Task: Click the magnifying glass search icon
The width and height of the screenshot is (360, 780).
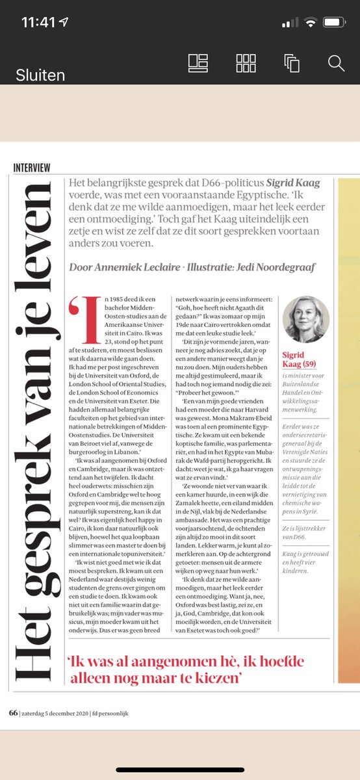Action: pos(336,63)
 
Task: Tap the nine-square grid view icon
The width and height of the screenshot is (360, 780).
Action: pos(246,63)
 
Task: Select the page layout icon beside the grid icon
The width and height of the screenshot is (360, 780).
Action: pos(198,63)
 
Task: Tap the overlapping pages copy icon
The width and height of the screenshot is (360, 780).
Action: pos(290,63)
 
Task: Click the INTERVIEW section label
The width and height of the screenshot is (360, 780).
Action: pos(32,167)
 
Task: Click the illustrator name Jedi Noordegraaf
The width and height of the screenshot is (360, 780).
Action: pos(269,267)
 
